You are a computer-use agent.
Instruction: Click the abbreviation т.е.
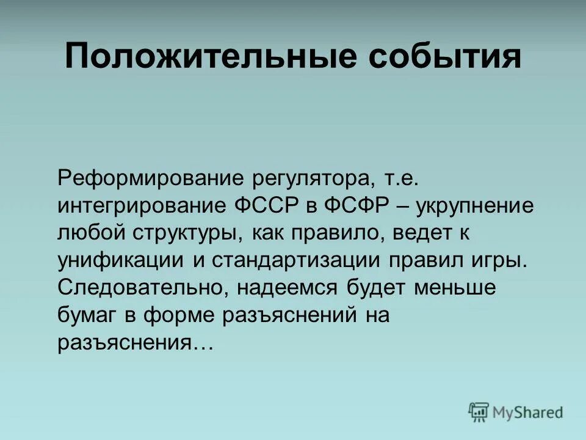coord(402,179)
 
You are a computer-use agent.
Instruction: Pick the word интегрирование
coord(141,206)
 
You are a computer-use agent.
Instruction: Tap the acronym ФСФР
coord(356,206)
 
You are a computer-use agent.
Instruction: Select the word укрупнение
coord(474,206)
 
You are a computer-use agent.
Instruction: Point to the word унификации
coord(121,260)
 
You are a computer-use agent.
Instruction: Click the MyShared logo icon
coord(479,413)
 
